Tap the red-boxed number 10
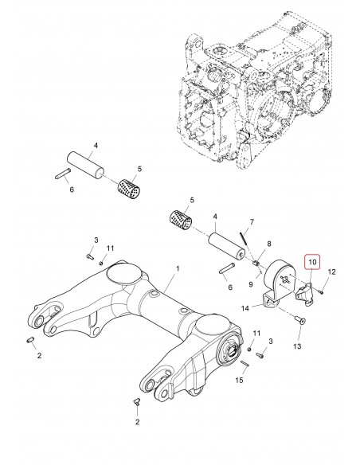[312, 260]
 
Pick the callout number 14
[245, 308]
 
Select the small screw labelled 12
[319, 291]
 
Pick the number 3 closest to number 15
[270, 340]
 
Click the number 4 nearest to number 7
[213, 215]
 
